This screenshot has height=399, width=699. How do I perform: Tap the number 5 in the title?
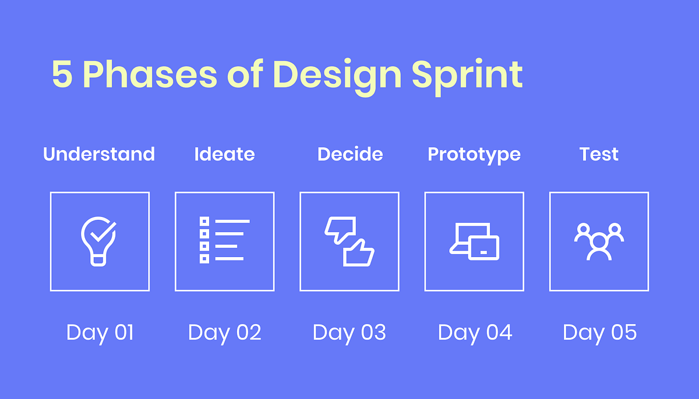click(x=63, y=74)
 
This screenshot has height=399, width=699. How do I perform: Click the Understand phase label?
click(x=99, y=154)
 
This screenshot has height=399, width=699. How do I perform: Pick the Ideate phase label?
click(x=224, y=154)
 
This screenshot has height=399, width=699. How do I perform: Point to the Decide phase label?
click(x=350, y=154)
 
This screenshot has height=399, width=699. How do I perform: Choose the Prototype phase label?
click(x=474, y=155)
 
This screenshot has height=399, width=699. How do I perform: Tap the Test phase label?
click(x=599, y=154)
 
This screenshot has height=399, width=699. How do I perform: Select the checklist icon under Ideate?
click(x=224, y=240)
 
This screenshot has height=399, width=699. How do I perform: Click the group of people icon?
click(x=599, y=240)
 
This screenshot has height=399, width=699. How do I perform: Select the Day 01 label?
click(x=100, y=333)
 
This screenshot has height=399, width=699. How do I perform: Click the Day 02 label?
click(x=224, y=333)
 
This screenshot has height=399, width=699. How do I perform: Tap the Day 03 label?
click(x=349, y=333)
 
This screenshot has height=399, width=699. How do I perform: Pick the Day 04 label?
click(x=475, y=333)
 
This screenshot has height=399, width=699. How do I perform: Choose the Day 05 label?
click(x=599, y=333)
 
